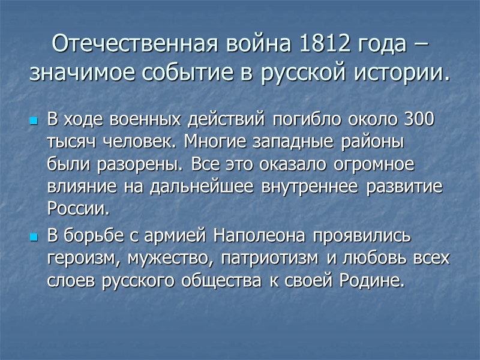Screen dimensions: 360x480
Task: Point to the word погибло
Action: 295,120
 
